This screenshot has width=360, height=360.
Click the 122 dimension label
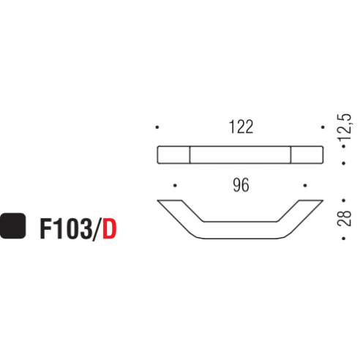coord(240,127)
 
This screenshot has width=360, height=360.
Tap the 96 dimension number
coord(241,186)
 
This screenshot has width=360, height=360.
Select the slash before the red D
coord(97,228)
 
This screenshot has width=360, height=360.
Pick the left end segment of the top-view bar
coord(175,154)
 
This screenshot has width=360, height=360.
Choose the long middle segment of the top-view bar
coord(241,154)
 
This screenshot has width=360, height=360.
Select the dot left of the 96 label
coord(176,186)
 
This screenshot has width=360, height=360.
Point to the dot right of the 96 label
coord(305,186)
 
